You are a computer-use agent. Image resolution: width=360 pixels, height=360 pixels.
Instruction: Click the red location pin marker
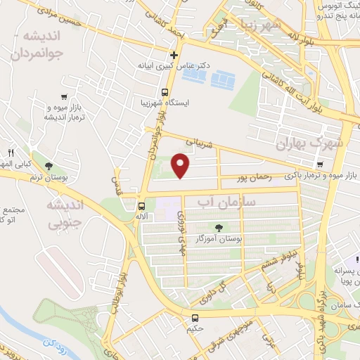181,165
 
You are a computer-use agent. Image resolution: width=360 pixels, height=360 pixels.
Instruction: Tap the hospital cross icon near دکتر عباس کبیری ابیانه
174,55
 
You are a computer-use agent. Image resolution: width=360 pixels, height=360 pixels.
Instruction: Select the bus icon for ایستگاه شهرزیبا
165,92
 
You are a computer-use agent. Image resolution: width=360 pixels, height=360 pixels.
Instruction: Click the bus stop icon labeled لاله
142,207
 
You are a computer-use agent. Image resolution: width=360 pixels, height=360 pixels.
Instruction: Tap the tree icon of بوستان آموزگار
219,227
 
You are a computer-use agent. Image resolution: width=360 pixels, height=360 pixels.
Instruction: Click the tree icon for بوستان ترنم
48,167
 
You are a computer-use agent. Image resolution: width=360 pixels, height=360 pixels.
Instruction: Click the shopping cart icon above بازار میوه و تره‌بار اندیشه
65,98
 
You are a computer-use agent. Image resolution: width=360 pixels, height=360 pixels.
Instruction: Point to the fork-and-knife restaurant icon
11,153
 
